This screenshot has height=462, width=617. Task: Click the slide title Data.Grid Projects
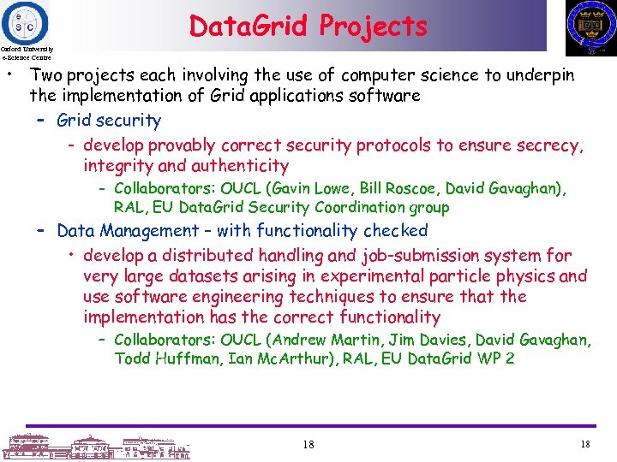tap(308, 26)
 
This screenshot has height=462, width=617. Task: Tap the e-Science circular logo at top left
tap(26, 21)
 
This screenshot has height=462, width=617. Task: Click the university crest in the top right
tap(590, 28)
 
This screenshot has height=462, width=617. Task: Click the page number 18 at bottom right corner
tap(585, 444)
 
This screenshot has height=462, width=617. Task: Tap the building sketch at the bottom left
tap(94, 445)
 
